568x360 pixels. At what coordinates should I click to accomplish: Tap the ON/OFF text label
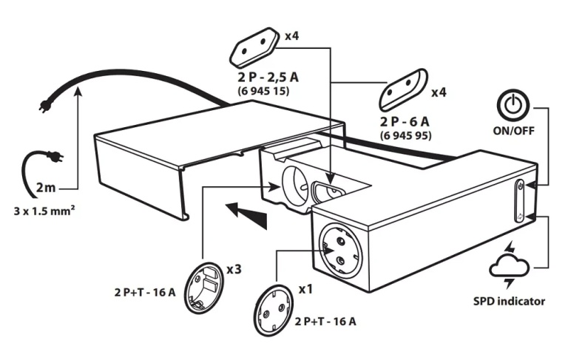click(x=513, y=130)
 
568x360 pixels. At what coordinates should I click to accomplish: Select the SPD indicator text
click(x=509, y=301)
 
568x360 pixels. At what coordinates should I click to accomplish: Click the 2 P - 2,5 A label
click(x=268, y=77)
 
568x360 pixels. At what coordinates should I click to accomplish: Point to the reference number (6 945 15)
click(x=264, y=90)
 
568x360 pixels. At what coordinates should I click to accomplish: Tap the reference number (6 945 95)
click(x=406, y=135)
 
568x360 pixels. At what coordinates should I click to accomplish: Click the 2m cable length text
click(x=46, y=188)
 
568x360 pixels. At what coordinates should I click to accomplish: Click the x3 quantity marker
click(x=234, y=270)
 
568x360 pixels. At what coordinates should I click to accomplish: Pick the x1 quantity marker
click(x=305, y=289)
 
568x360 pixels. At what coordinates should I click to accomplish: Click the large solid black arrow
click(x=247, y=214)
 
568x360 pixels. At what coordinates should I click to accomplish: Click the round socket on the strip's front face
click(x=340, y=251)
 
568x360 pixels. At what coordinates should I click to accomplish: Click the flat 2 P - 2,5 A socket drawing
click(x=254, y=47)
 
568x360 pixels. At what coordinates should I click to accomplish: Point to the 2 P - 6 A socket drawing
click(x=403, y=89)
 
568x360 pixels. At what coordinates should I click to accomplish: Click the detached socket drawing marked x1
click(x=274, y=310)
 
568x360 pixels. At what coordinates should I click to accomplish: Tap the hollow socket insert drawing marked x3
click(x=205, y=287)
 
